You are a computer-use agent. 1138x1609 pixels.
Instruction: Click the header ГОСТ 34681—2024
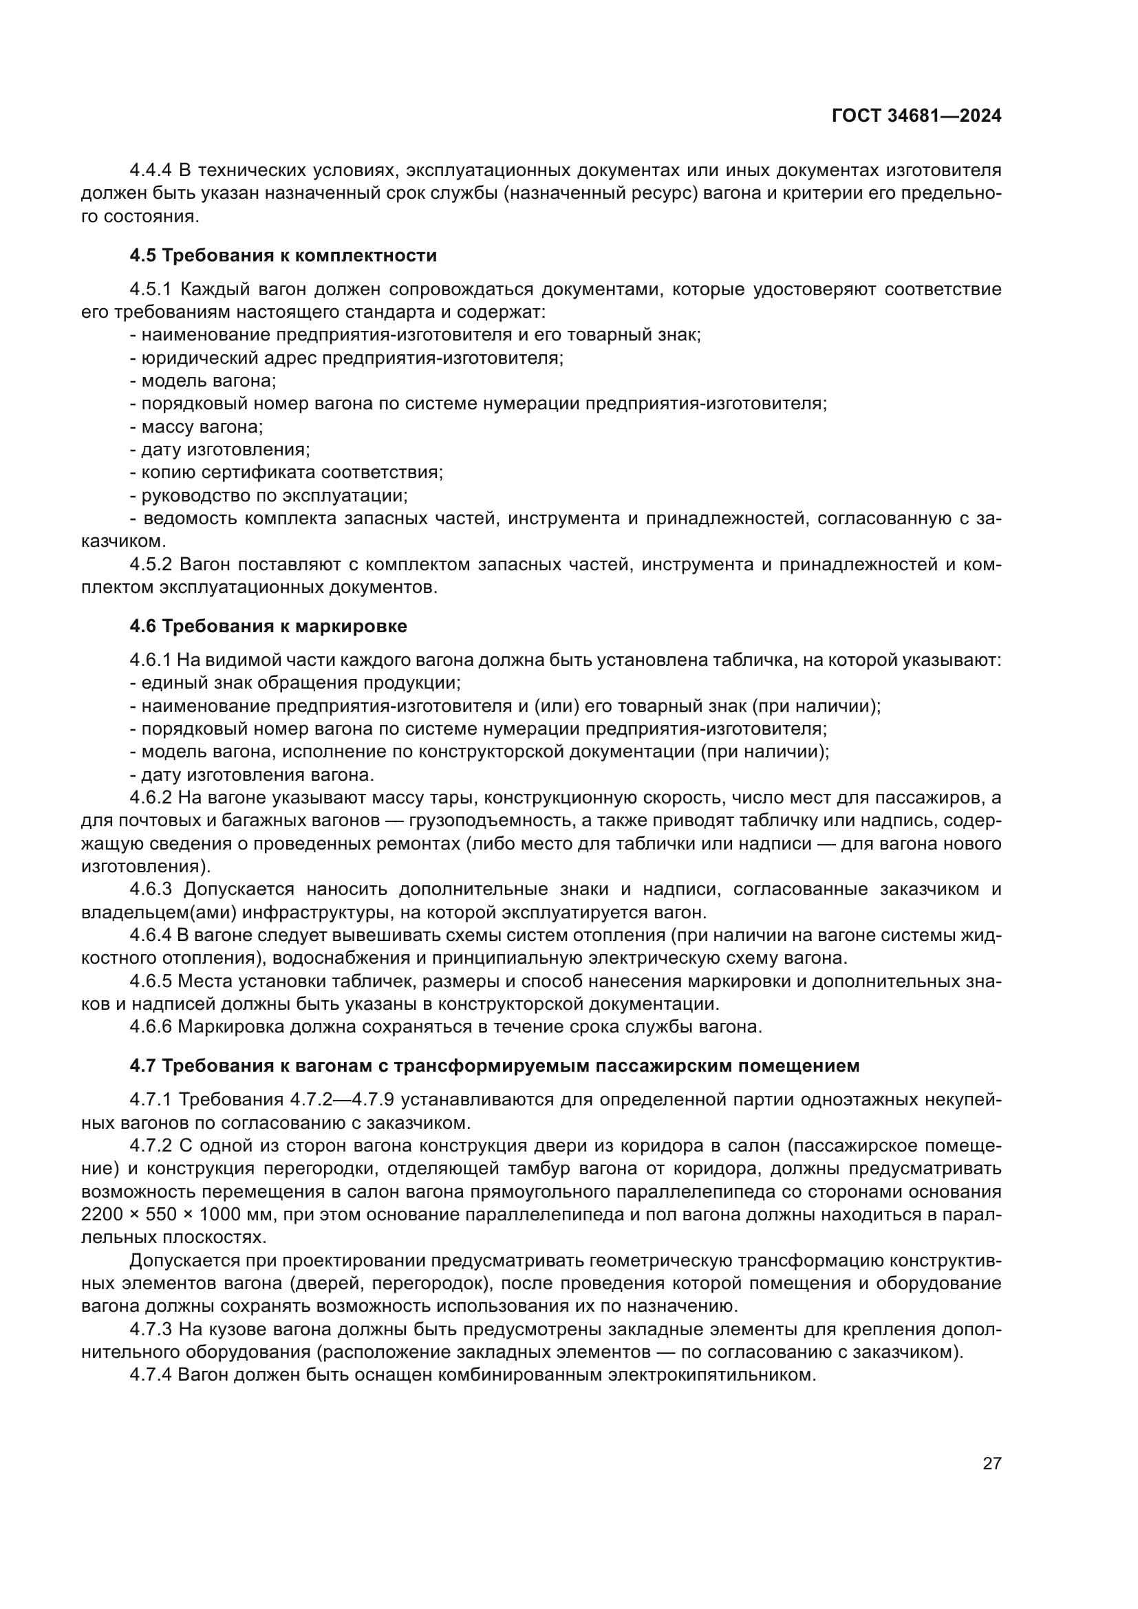click(916, 116)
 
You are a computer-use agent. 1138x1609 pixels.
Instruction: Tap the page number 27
click(991, 1463)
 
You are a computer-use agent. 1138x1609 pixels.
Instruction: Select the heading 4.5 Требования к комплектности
click(283, 256)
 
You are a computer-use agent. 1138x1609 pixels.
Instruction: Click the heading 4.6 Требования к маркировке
click(268, 626)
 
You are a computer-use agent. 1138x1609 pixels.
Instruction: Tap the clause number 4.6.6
click(151, 1026)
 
